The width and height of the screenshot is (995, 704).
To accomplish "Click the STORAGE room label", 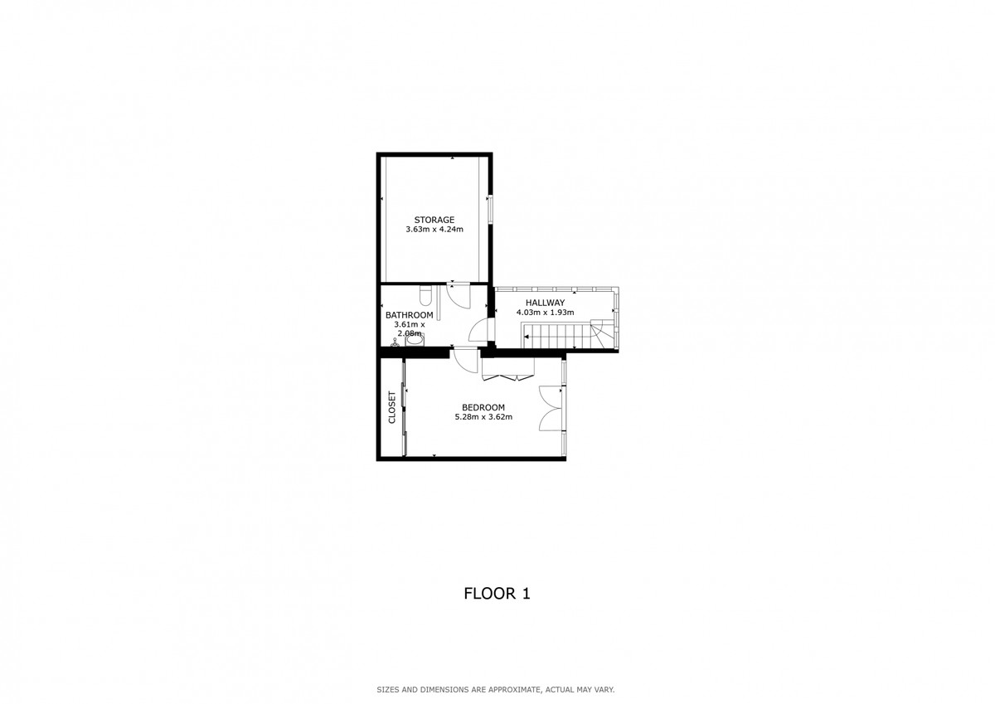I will click(434, 220).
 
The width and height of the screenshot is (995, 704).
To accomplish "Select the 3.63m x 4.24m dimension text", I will click(434, 230).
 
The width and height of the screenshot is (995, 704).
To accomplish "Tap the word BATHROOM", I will click(410, 315).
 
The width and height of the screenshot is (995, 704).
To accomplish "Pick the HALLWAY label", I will click(545, 303).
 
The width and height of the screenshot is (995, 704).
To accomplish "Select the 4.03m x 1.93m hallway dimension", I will click(545, 313).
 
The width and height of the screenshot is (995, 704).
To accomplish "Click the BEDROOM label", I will click(483, 407).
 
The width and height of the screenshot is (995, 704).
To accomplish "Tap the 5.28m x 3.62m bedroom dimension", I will click(483, 417).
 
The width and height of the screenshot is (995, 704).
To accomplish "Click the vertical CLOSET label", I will click(392, 408).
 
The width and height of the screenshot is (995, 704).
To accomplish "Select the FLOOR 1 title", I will click(497, 594).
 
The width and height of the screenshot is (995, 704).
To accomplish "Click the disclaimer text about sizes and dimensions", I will click(496, 689).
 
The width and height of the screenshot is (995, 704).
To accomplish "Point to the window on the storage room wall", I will click(490, 208).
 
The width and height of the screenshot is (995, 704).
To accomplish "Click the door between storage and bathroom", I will click(458, 293).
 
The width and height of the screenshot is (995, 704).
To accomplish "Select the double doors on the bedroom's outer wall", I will click(551, 409).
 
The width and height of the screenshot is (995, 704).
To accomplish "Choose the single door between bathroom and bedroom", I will click(465, 358).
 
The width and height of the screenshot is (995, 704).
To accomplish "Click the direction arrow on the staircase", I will click(527, 336).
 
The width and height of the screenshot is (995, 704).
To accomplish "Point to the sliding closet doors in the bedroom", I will click(404, 409).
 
